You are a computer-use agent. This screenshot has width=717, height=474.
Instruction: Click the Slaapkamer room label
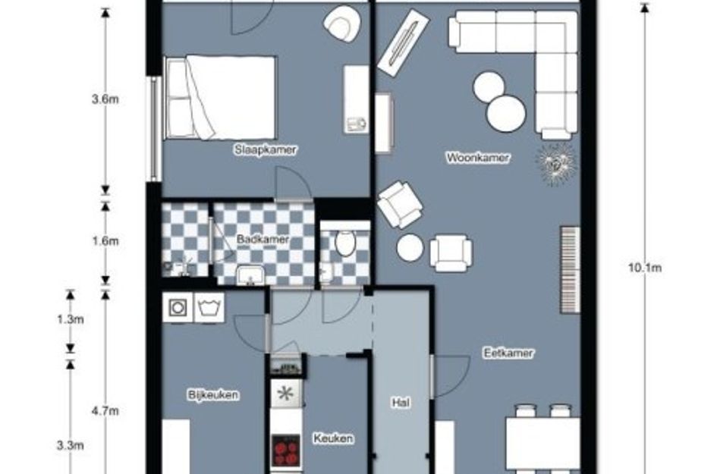point(266,149)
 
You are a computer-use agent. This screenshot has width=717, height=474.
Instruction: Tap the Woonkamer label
point(477,158)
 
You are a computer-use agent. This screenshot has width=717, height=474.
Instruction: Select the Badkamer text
point(263,239)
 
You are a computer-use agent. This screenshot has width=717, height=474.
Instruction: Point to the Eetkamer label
point(508,353)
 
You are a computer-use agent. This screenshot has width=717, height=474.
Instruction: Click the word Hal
point(401,403)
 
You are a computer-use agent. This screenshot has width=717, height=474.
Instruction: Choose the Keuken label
point(333,438)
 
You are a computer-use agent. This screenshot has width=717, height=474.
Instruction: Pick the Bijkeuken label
point(213,394)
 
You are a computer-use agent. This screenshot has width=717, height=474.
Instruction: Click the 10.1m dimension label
point(645,268)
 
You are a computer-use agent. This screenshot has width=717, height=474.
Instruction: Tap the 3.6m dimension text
point(105,99)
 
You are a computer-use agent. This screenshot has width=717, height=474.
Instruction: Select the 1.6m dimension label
point(105,241)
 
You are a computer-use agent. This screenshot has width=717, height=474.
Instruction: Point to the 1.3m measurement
point(71,319)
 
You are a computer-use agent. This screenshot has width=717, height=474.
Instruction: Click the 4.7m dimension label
point(105,411)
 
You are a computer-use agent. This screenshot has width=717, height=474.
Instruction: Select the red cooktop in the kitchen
point(286,450)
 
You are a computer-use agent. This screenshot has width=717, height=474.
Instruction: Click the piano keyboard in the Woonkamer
point(571,270)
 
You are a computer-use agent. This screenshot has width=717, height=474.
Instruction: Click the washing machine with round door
point(178,308)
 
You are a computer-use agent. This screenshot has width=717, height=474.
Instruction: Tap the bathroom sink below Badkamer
point(250,275)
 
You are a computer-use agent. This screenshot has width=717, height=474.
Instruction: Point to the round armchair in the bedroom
point(341,24)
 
